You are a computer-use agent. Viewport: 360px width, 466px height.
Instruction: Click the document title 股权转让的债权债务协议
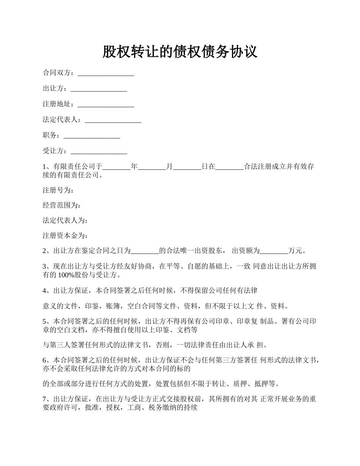[180, 52]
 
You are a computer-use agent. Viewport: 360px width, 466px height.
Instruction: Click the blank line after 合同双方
[106, 73]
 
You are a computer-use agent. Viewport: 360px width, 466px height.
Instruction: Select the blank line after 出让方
[99, 89]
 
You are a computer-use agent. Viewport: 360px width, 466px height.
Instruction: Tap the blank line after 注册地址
[106, 104]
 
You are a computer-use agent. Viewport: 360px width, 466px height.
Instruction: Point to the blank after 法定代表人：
[113, 120]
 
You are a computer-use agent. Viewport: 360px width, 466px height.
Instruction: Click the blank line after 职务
[92, 135]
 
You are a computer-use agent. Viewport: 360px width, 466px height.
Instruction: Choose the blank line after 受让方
[99, 151]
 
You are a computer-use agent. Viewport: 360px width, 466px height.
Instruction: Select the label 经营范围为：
[62, 205]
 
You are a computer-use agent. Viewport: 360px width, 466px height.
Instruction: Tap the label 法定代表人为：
[65, 220]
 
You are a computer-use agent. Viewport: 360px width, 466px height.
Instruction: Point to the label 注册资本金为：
[65, 236]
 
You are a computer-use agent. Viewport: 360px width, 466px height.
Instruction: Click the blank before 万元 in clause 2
[274, 251]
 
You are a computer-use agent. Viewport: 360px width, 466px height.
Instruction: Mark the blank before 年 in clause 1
[117, 167]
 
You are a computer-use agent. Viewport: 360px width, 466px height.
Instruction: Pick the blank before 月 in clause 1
[152, 167]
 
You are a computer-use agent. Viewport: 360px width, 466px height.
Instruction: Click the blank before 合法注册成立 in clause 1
[229, 167]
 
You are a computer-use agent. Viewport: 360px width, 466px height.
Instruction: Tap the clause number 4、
[48, 291]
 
